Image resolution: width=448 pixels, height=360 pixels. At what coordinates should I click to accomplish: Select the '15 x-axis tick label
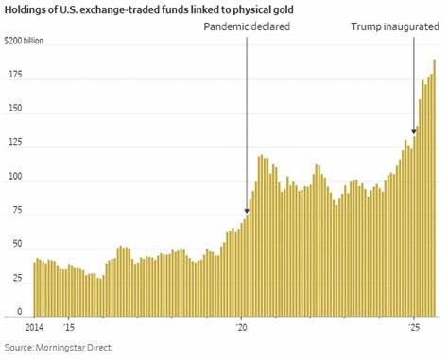coord(69,326)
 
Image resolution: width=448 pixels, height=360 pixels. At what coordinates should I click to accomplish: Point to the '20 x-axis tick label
coord(242,326)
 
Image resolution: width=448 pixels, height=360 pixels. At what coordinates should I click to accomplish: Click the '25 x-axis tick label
coord(414,326)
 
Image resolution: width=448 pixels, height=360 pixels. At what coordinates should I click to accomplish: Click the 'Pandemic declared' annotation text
coord(247,26)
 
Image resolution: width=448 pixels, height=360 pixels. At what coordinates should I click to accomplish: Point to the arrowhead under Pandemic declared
coord(247,211)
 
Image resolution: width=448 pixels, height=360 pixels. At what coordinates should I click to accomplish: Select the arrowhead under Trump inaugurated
coord(414,132)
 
